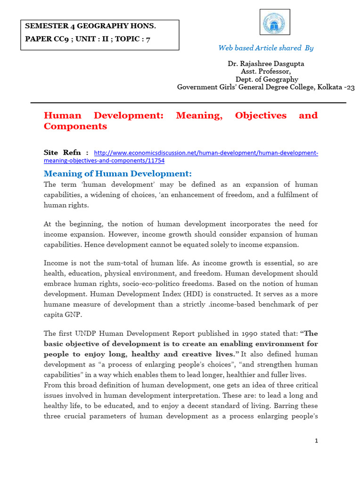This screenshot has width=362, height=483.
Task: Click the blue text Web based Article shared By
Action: point(266,48)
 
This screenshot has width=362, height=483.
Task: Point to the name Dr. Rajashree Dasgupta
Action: point(266,63)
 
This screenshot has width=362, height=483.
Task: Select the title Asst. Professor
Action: point(266,71)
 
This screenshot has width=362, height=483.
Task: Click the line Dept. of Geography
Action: point(267,79)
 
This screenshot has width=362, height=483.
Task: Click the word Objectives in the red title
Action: point(261,116)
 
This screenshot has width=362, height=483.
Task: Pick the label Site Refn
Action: point(66,153)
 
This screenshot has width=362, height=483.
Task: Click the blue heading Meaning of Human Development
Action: point(118,173)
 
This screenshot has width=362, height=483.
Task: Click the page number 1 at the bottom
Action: point(317,441)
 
